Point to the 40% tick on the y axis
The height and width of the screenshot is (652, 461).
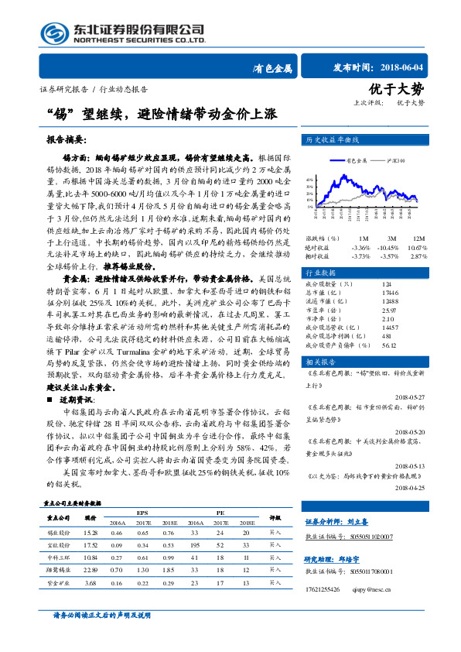click(x=310, y=178)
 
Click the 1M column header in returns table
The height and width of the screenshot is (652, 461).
click(x=364, y=237)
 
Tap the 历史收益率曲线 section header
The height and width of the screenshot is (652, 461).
click(x=328, y=141)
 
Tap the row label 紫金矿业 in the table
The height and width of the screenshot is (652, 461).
click(x=58, y=582)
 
